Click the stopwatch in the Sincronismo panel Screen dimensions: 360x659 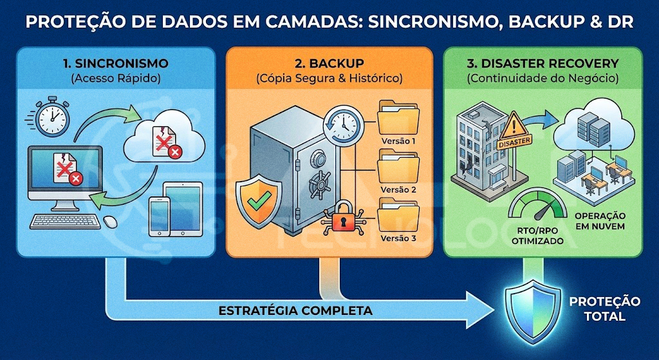tap(52, 118)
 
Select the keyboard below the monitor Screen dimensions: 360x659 tap(66, 222)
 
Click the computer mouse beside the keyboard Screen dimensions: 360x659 tap(110, 222)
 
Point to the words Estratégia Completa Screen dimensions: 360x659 tap(295, 310)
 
